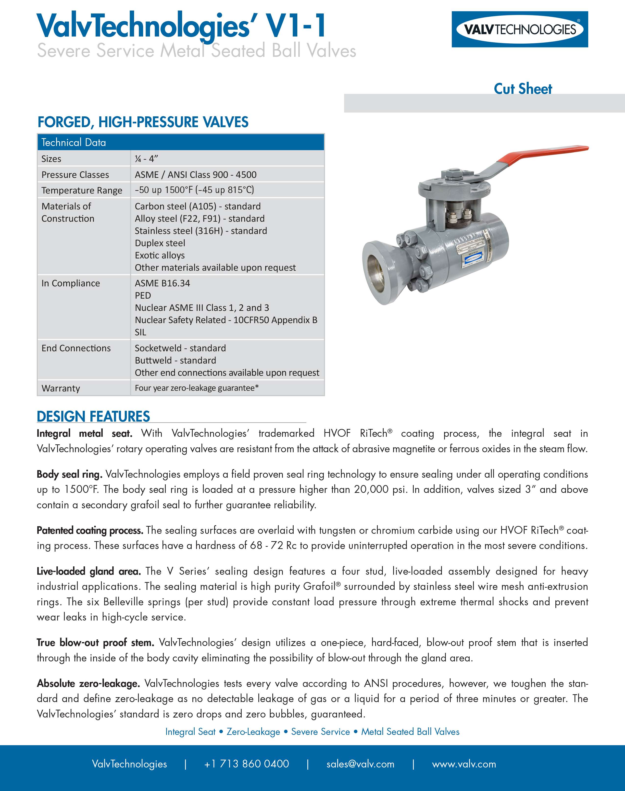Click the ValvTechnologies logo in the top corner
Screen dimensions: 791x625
pyautogui.click(x=520, y=29)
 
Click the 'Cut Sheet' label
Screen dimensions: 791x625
pyautogui.click(x=523, y=89)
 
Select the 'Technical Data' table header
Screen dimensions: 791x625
pyautogui.click(x=74, y=142)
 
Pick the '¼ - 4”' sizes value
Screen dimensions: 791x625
pyautogui.click(x=146, y=159)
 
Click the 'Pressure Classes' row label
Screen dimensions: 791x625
pyautogui.click(x=75, y=174)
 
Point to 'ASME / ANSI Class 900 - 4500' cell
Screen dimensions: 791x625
pyautogui.click(x=195, y=174)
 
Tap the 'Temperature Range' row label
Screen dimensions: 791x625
pyautogui.click(x=82, y=190)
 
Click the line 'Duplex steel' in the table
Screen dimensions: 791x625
pyautogui.click(x=160, y=243)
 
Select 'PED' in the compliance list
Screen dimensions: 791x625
pyautogui.click(x=143, y=295)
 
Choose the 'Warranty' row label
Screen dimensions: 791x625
pyautogui.click(x=61, y=388)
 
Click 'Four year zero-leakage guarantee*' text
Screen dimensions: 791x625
pyautogui.click(x=197, y=388)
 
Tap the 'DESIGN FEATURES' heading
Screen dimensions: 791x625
pyautogui.click(x=93, y=416)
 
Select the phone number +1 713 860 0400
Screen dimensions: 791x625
pyautogui.click(x=246, y=764)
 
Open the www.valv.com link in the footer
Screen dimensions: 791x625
pyautogui.click(x=464, y=764)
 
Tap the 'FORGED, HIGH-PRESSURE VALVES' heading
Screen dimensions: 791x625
pyautogui.click(x=143, y=122)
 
